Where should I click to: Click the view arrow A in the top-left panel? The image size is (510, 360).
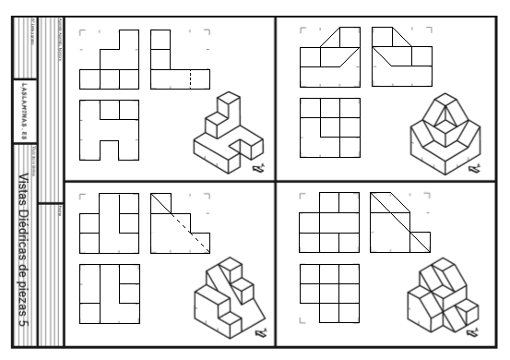coord(260,169)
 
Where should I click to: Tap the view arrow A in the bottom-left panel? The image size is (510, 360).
coord(260,333)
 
